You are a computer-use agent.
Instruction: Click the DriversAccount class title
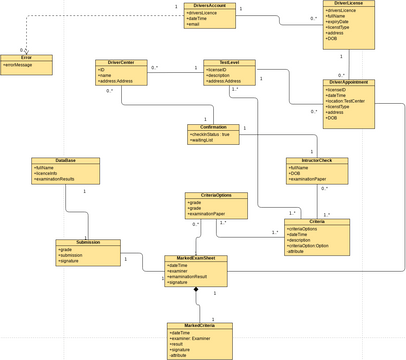click(x=211, y=6)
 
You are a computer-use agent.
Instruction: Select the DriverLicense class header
click(x=343, y=3)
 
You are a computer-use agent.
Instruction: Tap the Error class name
click(x=25, y=58)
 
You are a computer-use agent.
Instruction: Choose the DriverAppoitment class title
click(x=348, y=82)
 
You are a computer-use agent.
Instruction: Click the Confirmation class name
click(x=213, y=127)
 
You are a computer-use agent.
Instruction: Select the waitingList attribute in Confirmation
click(x=206, y=141)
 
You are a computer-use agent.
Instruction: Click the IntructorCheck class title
click(x=316, y=160)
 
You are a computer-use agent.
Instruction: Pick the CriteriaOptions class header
click(x=209, y=195)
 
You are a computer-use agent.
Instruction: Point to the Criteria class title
click(x=316, y=221)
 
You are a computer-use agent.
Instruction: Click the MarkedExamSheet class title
click(x=195, y=258)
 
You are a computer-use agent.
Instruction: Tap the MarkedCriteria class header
click(x=199, y=325)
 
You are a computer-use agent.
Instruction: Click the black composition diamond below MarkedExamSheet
click(x=198, y=291)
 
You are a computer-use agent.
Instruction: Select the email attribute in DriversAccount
click(x=194, y=23)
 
